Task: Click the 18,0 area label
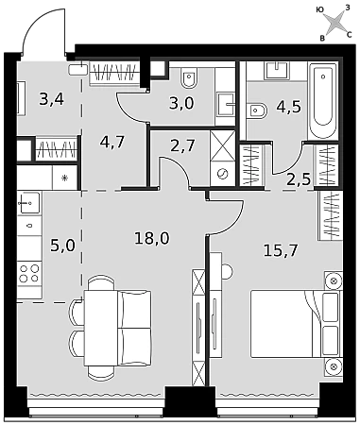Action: pos(151,238)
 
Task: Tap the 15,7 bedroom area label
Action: pos(281,250)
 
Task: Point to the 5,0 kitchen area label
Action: pos(62,246)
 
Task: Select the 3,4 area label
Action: pos(52,99)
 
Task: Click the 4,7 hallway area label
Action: pos(112,142)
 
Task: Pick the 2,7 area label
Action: pos(182,145)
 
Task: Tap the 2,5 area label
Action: pos(299,179)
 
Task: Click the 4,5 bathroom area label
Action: pos(288,107)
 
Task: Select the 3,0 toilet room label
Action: pos(181,103)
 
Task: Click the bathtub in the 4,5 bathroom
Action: pos(322,100)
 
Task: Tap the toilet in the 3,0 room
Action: pos(189,77)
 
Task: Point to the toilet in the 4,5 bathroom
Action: pos(257,110)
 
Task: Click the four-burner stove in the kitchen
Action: pos(29,273)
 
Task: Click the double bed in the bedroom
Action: pos(296,324)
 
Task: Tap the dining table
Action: pos(101,328)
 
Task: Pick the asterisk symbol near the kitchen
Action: pos(64,178)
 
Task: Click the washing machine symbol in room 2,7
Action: pos(222,174)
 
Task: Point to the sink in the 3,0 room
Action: pos(226,105)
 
